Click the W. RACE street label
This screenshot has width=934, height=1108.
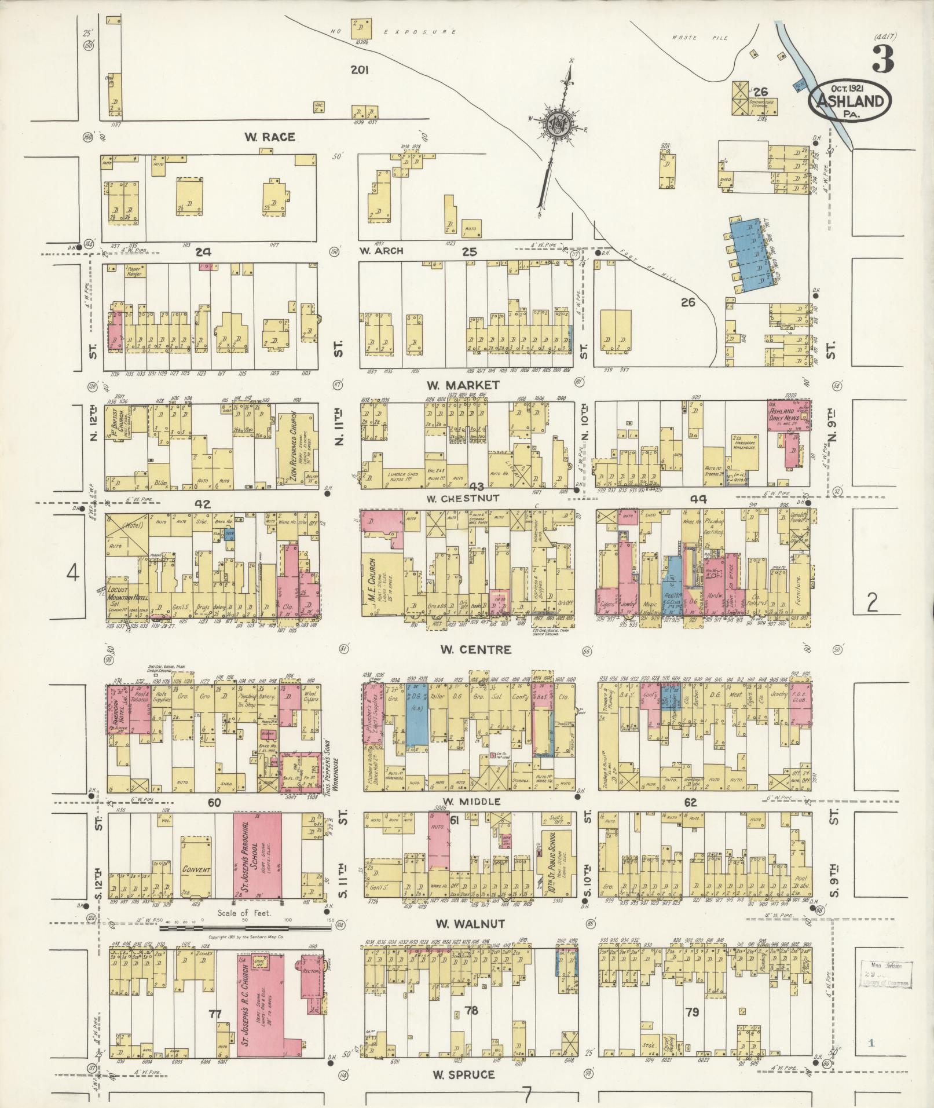(269, 137)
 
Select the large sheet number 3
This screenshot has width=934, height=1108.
(882, 60)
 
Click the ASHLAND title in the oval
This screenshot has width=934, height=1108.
(849, 102)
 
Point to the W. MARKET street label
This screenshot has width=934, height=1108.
(462, 385)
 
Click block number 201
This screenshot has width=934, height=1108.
(360, 70)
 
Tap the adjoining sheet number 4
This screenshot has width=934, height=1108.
(72, 573)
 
